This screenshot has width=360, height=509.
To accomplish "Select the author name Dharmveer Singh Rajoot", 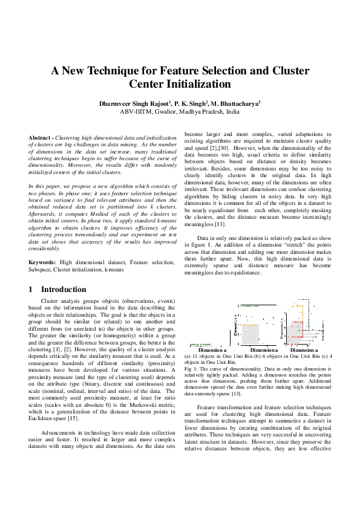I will tap(143, 104).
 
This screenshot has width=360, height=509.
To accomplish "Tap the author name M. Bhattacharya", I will tap(236, 104).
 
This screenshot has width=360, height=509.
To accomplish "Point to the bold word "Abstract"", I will tap(40, 138).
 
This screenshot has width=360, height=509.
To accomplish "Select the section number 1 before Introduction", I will tap(31, 289).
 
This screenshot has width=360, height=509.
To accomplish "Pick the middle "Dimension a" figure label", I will tap(264, 349).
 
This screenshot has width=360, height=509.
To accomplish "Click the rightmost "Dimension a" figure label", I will tap(304, 349).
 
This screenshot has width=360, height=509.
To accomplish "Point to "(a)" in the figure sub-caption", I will tap(188, 355).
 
